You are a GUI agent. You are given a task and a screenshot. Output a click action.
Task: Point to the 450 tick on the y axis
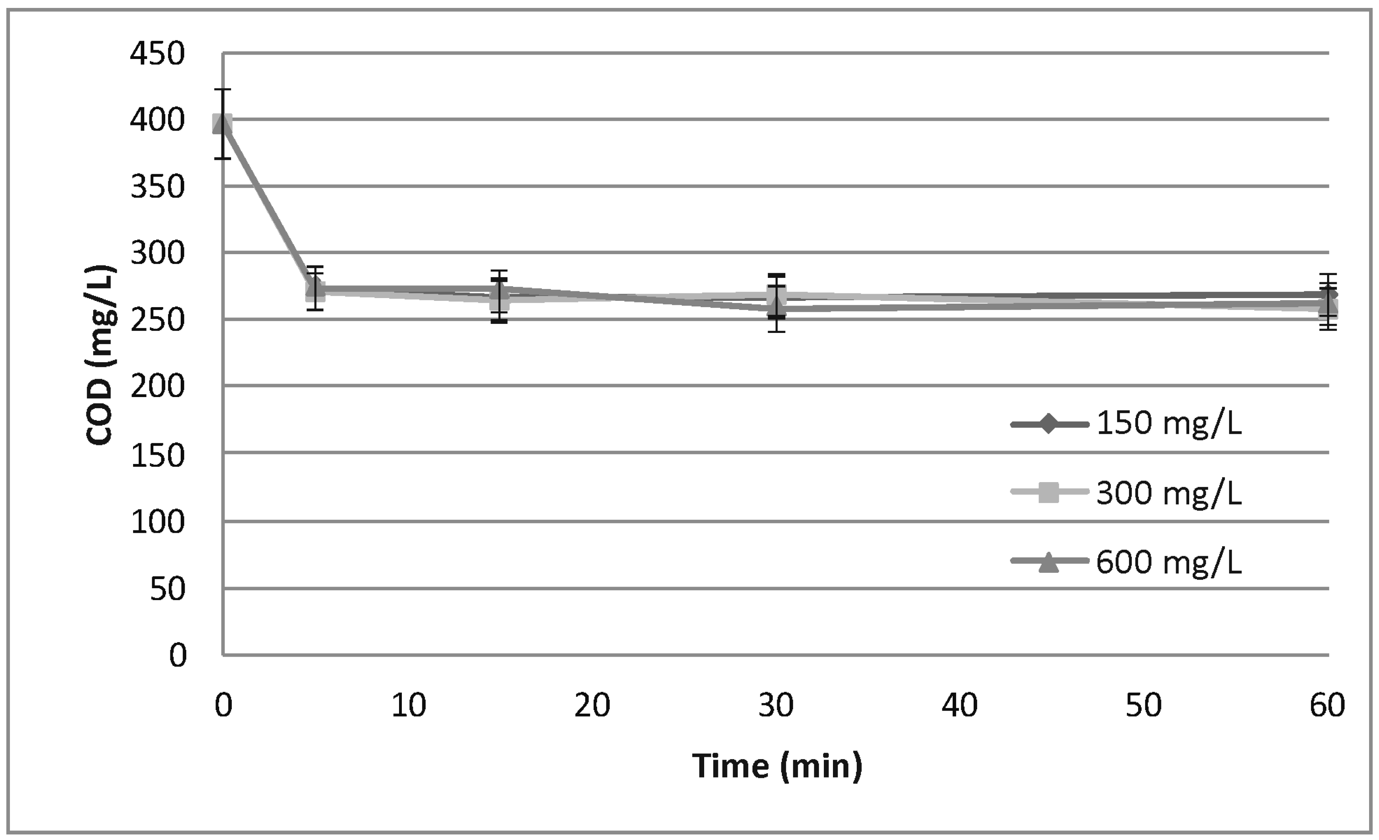157,54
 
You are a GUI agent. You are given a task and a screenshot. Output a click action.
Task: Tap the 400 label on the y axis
157,120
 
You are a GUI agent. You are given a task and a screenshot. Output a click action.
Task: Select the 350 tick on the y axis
157,187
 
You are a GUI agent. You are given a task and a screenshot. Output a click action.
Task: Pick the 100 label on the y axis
157,522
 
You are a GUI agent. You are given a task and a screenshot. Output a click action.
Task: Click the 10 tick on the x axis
408,706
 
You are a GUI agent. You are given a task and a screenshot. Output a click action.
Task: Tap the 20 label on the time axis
592,706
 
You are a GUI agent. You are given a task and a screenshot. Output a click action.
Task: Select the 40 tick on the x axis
960,706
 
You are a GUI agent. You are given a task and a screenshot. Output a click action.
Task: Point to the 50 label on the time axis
1143,706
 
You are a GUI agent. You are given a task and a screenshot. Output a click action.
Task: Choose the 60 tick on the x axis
1327,706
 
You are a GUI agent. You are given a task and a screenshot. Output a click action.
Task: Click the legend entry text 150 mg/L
1169,423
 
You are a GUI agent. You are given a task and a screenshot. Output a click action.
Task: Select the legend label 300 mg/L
1169,493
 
